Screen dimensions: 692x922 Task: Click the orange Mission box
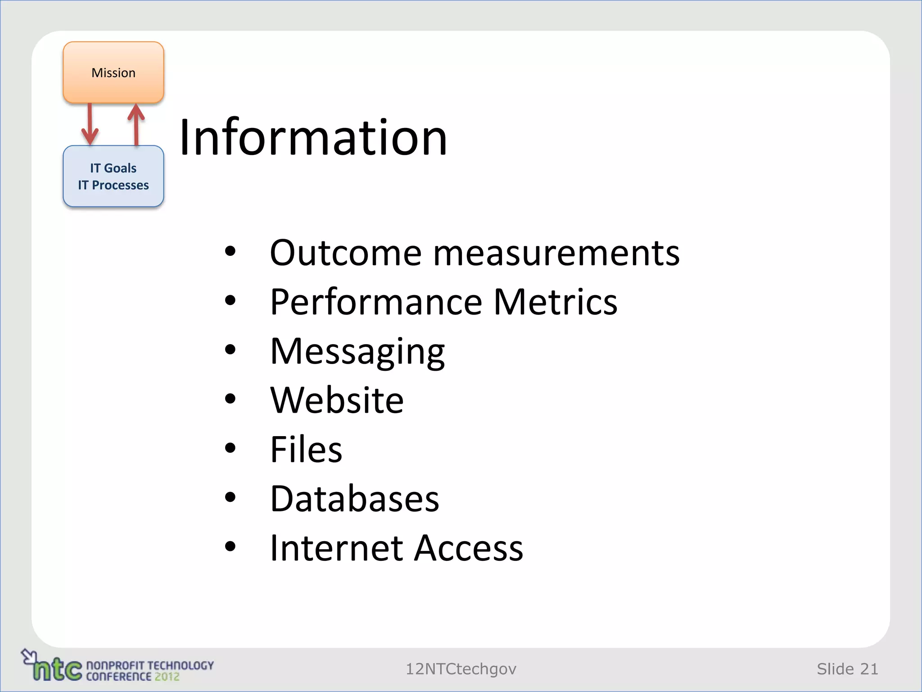tap(113, 73)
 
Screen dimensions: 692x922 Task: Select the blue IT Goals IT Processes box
tap(113, 176)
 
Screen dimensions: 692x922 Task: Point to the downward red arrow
tap(90, 124)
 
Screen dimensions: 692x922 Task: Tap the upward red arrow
tap(136, 124)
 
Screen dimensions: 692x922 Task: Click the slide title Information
tap(313, 137)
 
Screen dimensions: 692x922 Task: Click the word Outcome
tap(346, 253)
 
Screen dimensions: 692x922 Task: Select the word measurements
tap(556, 253)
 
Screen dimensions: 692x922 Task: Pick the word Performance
tap(376, 302)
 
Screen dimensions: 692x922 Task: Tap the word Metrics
tap(556, 302)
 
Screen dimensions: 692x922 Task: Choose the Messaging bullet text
tap(357, 352)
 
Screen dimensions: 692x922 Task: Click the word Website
tap(337, 400)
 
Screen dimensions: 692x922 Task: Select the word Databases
tap(355, 499)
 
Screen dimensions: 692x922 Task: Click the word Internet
tap(336, 548)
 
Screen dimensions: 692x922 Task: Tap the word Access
tap(469, 548)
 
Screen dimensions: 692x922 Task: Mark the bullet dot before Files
tap(230, 448)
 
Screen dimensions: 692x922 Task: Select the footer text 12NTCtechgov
tap(461, 669)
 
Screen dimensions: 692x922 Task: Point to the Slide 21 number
tap(847, 669)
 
